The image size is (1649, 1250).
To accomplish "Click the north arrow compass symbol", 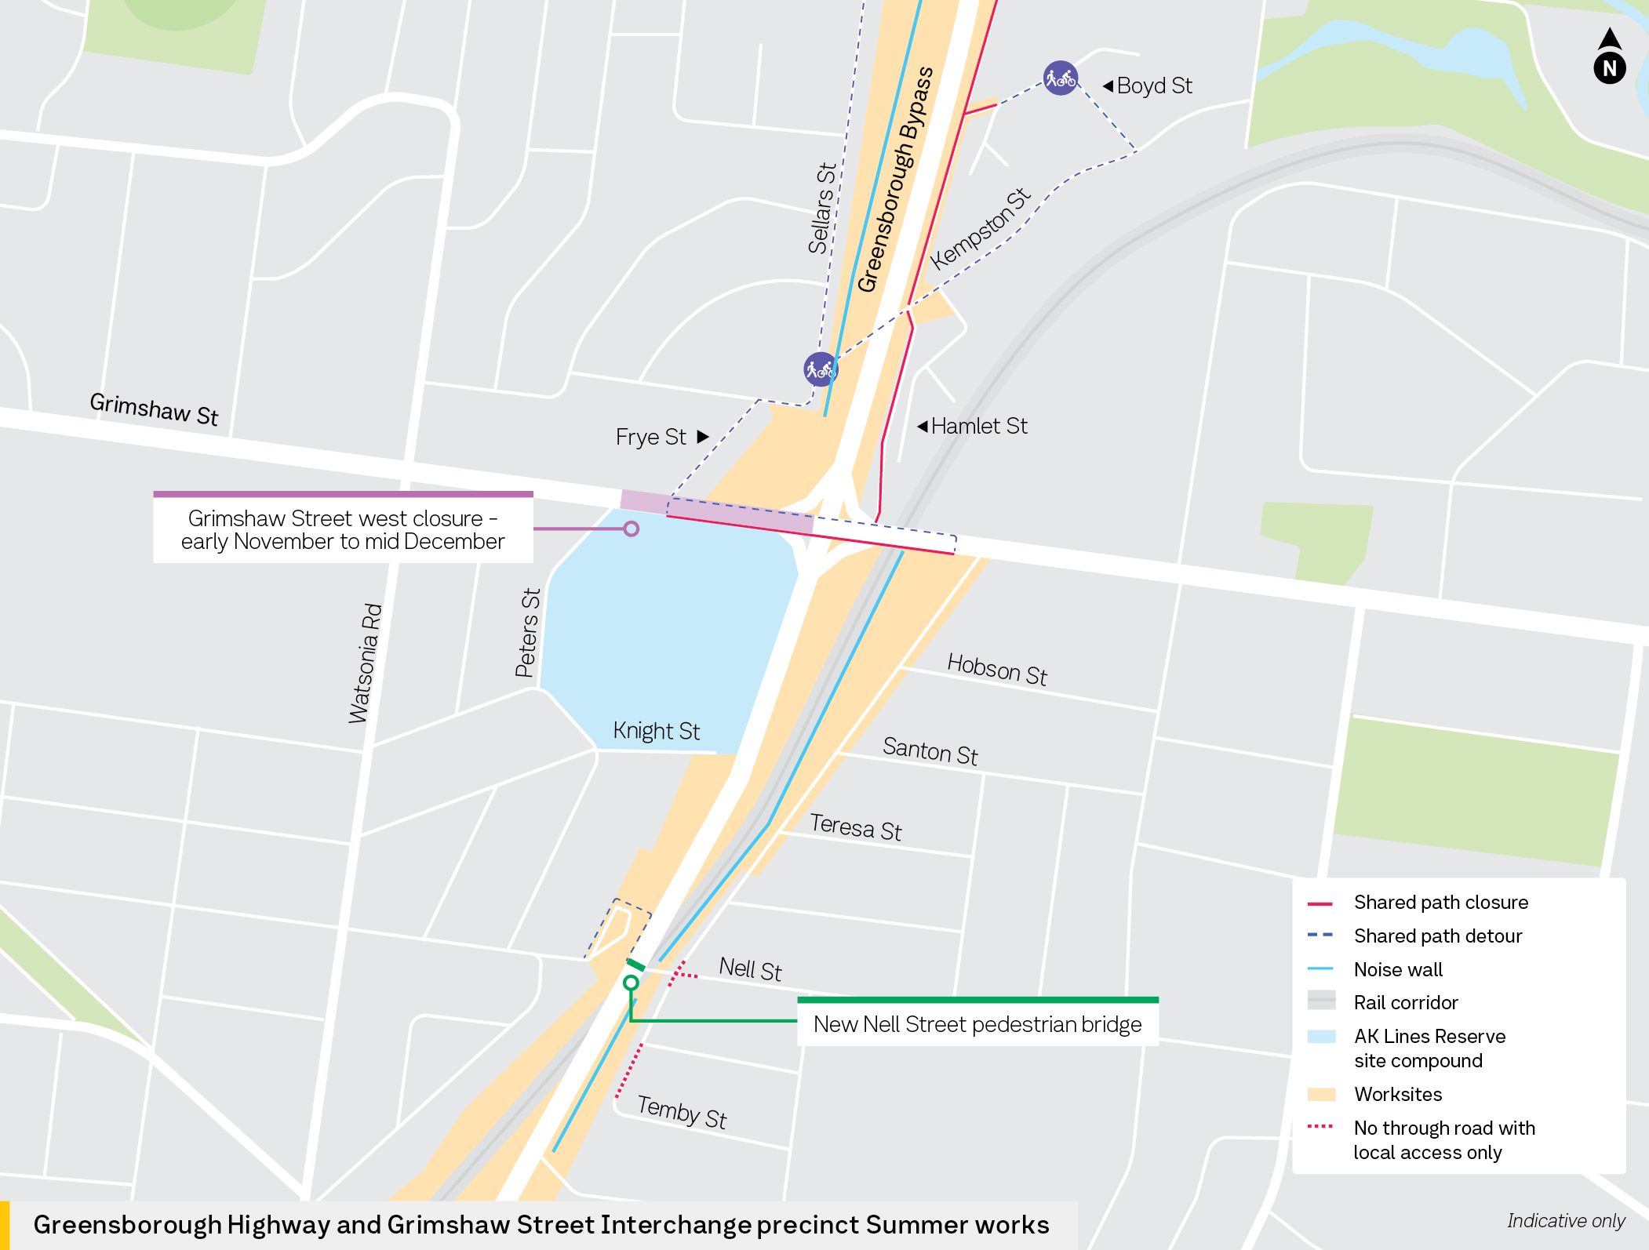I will [1609, 57].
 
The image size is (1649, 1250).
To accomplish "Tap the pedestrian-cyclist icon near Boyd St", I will [1061, 78].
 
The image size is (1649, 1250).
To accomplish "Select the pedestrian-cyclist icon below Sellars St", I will [820, 369].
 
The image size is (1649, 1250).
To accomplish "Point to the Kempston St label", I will [980, 229].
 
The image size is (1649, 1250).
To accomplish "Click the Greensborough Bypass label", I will [895, 180].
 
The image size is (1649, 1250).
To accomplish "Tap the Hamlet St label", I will [978, 426].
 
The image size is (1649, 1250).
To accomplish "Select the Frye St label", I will [651, 437].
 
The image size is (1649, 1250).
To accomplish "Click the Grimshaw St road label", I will [154, 409].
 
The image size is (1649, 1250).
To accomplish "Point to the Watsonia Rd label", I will [365, 663].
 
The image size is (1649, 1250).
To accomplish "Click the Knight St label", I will [656, 731].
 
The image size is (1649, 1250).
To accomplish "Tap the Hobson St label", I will [997, 669].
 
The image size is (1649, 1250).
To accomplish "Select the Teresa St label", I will [855, 827].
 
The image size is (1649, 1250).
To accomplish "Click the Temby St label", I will [682, 1111].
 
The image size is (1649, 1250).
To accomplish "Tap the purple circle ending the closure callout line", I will [632, 529].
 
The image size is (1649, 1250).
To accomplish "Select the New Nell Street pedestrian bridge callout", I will [977, 1024].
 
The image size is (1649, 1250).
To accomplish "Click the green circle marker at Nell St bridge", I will [631, 983].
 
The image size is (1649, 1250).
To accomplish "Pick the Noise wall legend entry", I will [1397, 970].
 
